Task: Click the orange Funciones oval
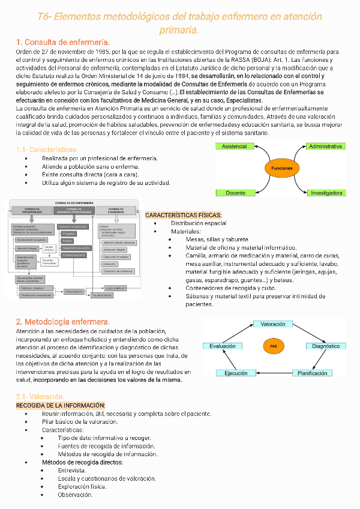282,169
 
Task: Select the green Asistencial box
235,146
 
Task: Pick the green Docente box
235,193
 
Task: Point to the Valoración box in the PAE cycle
273,324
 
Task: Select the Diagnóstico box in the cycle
326,346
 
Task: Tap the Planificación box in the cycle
313,373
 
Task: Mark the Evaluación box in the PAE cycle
223,346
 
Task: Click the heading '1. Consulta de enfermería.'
63,42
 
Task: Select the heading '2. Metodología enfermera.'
63,322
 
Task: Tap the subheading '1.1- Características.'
47,149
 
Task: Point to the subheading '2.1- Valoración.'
40,396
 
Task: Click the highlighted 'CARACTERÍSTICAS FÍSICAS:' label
184,215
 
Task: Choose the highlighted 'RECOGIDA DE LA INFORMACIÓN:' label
60,405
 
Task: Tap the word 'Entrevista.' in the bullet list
72,470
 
